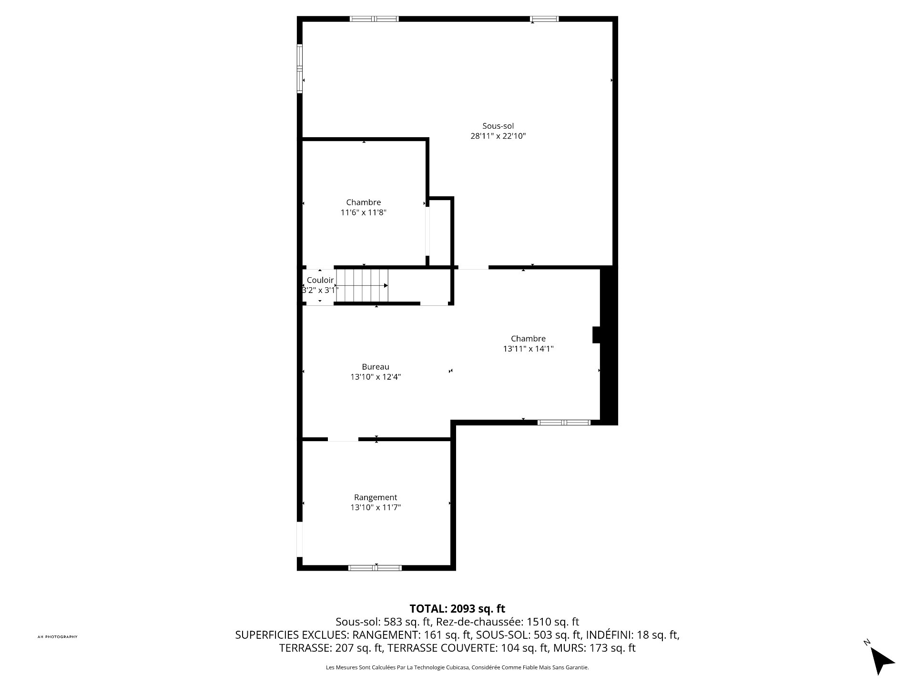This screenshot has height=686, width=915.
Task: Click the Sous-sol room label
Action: click(498, 126)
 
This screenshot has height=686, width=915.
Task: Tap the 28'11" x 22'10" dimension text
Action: click(498, 136)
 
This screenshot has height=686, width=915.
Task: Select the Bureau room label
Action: click(376, 367)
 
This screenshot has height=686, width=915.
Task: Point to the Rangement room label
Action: click(376, 497)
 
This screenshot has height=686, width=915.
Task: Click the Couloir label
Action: click(320, 280)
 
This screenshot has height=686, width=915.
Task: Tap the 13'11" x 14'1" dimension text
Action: click(528, 349)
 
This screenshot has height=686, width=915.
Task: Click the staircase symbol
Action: click(362, 285)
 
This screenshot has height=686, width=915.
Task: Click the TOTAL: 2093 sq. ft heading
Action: click(457, 608)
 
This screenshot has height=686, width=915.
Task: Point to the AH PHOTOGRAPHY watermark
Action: click(57, 637)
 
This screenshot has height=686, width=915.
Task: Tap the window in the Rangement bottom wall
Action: click(375, 567)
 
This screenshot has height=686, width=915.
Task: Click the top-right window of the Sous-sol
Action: click(544, 19)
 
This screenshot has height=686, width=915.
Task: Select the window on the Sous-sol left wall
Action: click(300, 69)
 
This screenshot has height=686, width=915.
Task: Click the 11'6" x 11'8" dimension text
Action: click(363, 212)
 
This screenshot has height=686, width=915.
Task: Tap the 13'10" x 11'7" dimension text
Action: click(376, 507)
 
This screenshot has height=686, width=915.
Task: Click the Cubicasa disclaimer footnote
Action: click(457, 668)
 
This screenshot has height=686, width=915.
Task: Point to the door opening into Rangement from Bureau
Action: click(343, 439)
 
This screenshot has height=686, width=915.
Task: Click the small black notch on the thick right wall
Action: click(596, 334)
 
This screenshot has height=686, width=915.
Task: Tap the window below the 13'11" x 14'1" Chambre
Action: click(564, 422)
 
